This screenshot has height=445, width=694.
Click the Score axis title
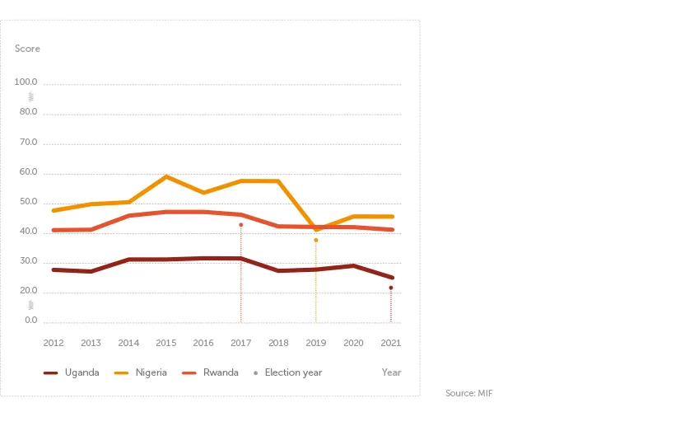pos(27,49)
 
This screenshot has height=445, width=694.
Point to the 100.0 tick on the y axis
pos(26,82)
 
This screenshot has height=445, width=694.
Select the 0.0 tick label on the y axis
pos(30,321)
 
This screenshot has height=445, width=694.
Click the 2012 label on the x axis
pos(54,343)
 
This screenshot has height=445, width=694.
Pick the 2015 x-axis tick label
pos(165,343)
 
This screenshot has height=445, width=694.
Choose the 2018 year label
pos(278,343)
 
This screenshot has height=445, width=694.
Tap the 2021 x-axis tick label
pos(390,343)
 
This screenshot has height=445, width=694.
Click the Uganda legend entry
pos(72,372)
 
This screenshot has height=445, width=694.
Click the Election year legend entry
pos(288,372)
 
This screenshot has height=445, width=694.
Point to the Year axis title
pos(391,372)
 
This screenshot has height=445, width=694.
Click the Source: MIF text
pos(468,394)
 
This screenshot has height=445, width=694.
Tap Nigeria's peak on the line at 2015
pos(166,176)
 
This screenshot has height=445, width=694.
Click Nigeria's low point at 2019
pos(315,229)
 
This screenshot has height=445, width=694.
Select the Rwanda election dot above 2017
pos(240,224)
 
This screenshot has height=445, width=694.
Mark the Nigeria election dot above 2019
pos(315,240)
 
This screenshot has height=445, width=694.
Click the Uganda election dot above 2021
pos(390,288)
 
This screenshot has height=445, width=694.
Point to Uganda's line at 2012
pos(54,269)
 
